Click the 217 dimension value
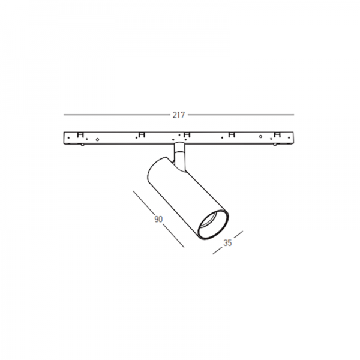coord(179,115)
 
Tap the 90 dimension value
coord(158,219)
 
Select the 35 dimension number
coord(227,243)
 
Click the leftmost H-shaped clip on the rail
coord(80,135)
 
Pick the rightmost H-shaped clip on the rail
coord(277,135)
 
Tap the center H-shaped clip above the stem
coord(187,135)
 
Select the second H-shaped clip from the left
coord(142,135)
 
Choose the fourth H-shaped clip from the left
coord(232,135)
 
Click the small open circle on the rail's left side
coord(97,139)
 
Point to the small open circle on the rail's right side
coord(260,137)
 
